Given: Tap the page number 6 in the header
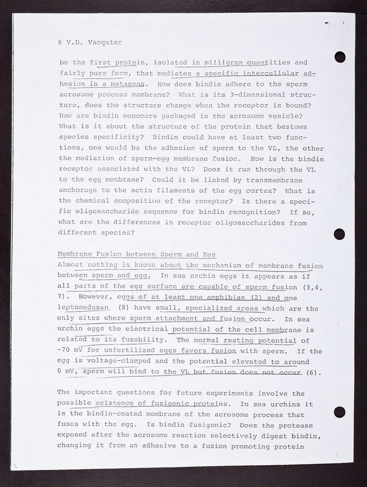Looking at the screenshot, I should click(59, 43).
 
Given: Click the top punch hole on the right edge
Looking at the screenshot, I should click(340, 57).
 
